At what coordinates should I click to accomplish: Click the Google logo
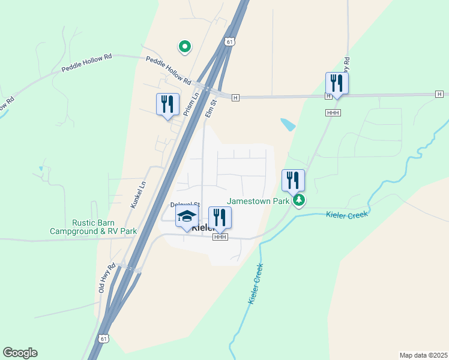[20, 353]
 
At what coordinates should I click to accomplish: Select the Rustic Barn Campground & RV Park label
[92, 227]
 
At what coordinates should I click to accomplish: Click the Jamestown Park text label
[258, 202]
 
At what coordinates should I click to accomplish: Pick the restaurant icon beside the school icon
[220, 218]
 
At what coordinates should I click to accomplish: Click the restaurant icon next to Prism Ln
[167, 105]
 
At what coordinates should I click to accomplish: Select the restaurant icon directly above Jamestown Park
[293, 180]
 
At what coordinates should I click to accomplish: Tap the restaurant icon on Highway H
[337, 83]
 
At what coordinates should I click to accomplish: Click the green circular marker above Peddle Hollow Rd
[185, 46]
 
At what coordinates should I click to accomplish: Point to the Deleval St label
[184, 205]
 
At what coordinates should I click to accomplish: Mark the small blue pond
[288, 124]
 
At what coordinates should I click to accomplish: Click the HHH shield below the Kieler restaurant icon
[220, 238]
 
